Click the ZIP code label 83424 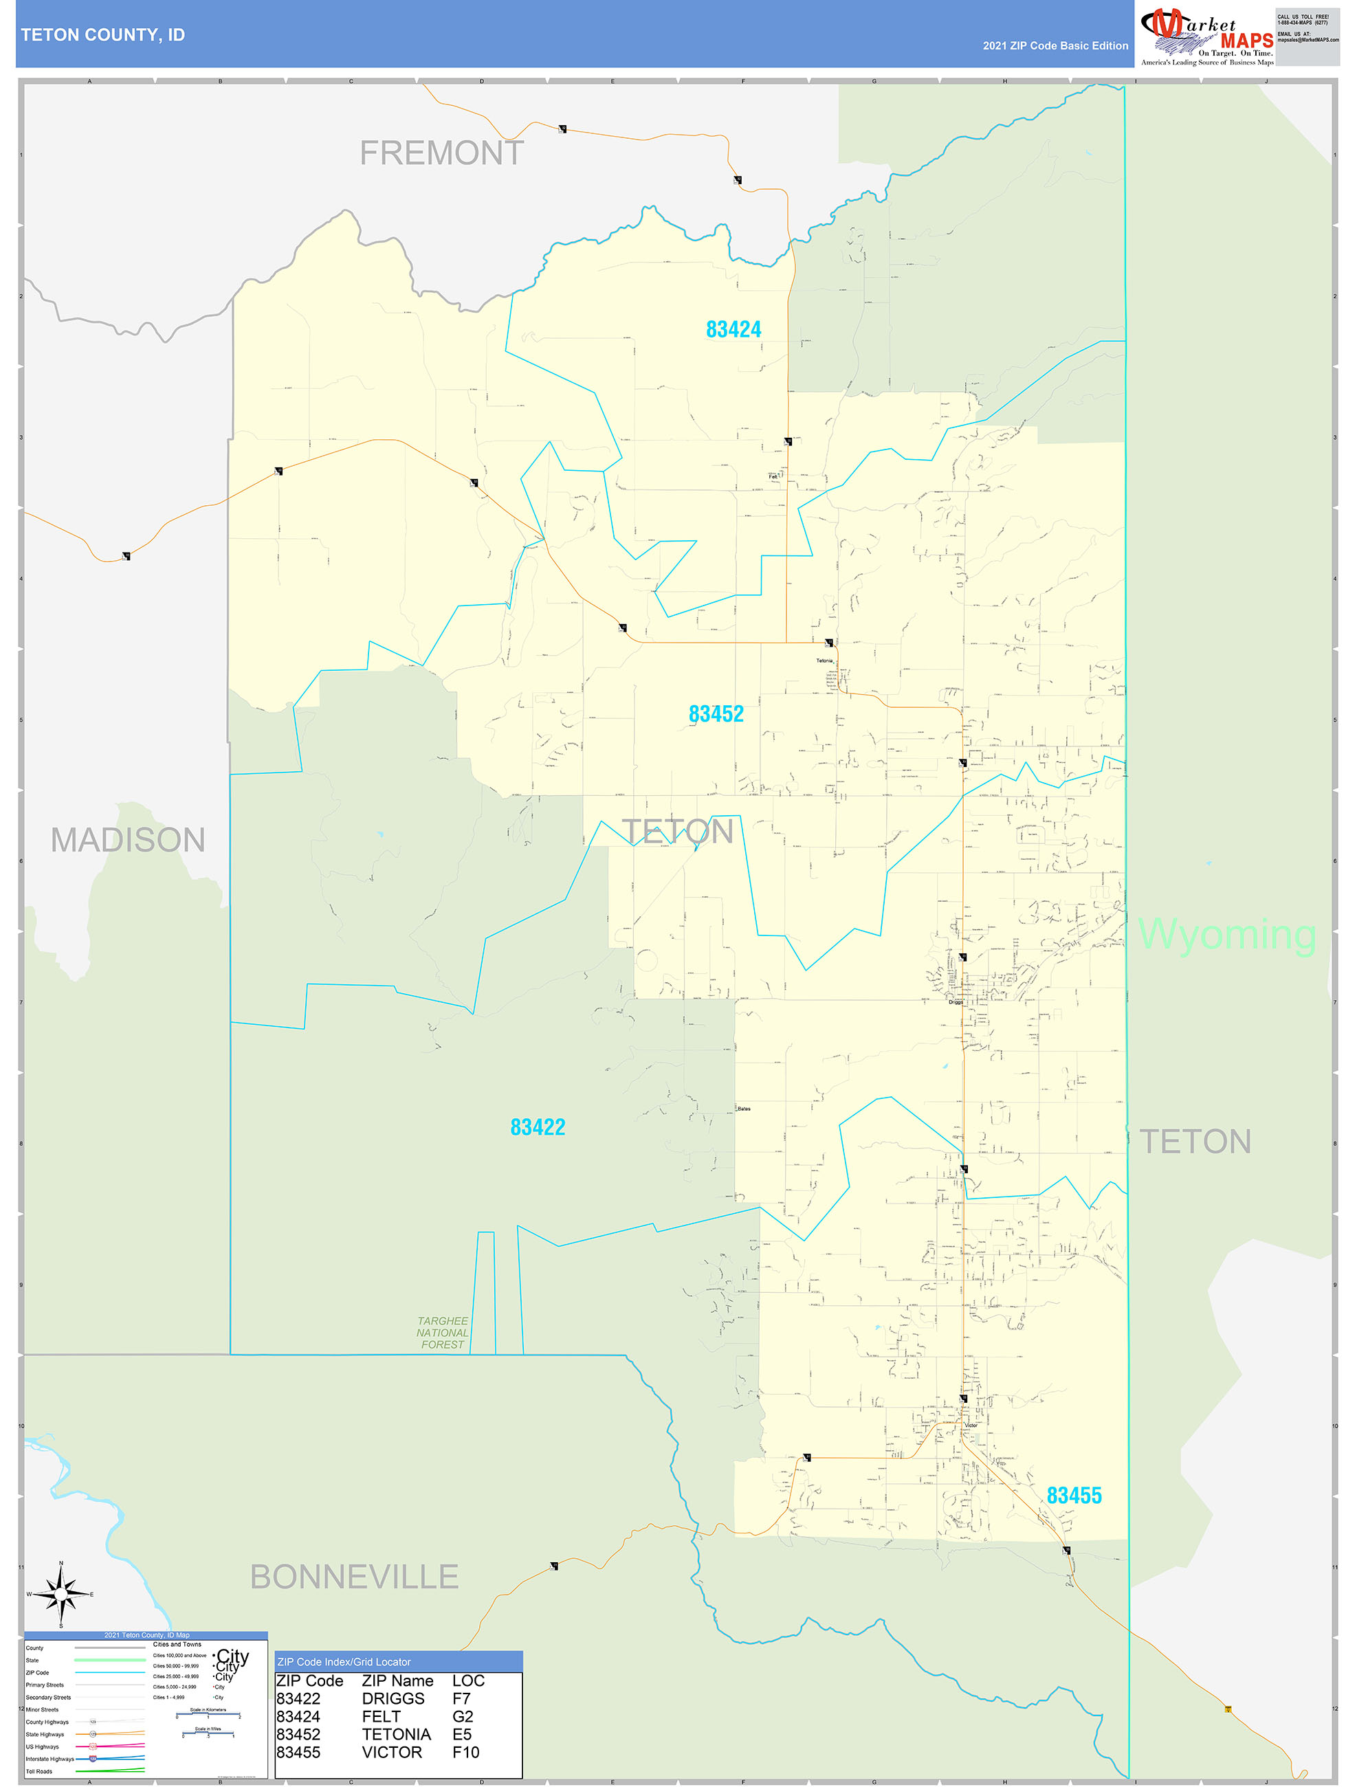[733, 330]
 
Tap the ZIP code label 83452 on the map [715, 714]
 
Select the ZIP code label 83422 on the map [538, 1127]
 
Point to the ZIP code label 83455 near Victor [1073, 1496]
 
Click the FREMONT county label [441, 153]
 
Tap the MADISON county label [128, 840]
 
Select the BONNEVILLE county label [354, 1577]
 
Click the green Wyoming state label [1226, 935]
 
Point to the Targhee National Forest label [442, 1333]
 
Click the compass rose [60, 1594]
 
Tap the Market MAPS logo [1206, 36]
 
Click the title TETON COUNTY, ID [102, 35]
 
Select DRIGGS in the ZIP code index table [393, 1699]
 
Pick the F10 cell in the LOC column [465, 1752]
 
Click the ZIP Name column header [397, 1681]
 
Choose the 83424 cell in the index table [298, 1717]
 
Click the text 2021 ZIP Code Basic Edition [1055, 46]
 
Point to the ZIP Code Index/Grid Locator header [344, 1662]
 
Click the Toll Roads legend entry [38, 1772]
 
